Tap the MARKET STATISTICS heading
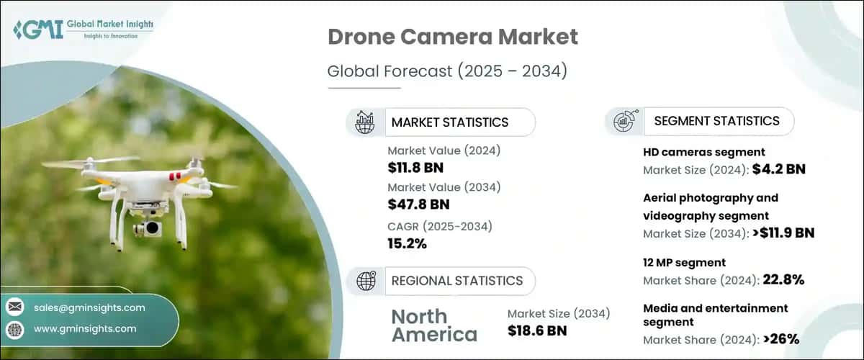click(x=450, y=122)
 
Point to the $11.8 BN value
click(x=415, y=168)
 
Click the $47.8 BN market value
click(x=418, y=204)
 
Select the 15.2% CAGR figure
click(x=407, y=243)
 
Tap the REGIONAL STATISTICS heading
click(x=457, y=281)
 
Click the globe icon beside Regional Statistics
click(x=365, y=281)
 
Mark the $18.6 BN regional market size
click(x=537, y=330)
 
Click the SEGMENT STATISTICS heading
click(x=716, y=121)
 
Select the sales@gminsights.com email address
click(x=89, y=307)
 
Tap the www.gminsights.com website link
click(x=85, y=328)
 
